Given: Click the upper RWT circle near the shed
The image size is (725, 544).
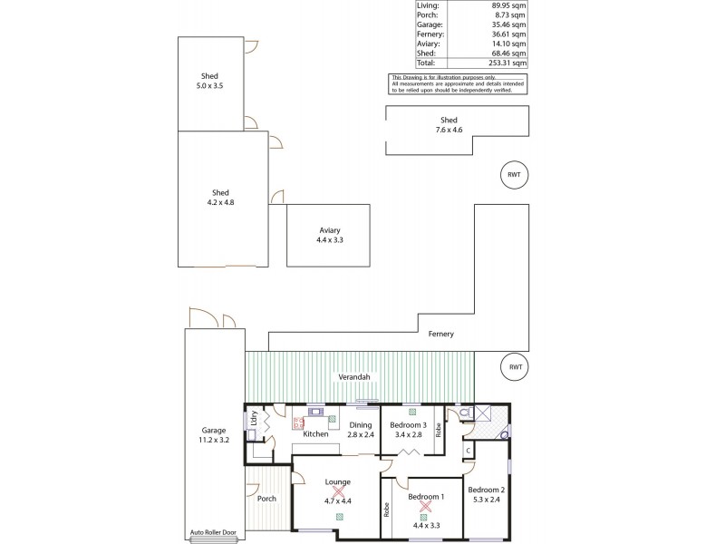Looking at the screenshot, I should coord(514,175).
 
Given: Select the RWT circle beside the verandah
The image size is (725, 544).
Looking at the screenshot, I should coord(514,367).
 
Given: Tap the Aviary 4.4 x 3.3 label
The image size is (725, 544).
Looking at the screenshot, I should coord(329,235).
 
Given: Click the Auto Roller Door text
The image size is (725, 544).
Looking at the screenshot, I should coord(212,533).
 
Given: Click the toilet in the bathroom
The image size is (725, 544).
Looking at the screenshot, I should coord(466,413).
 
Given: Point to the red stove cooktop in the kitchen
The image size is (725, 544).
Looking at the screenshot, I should coord(297,422).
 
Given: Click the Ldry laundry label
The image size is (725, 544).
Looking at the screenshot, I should coord(254,422).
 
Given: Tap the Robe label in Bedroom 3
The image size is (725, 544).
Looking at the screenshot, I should coord(438,430).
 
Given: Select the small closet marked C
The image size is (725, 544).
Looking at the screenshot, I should coord(468,451).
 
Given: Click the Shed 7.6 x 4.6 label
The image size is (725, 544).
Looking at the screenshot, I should coord(449,125).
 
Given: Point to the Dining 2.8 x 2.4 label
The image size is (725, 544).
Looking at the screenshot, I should coord(361,430).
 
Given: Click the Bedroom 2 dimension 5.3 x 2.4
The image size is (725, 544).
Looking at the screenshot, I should coord(485,499).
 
